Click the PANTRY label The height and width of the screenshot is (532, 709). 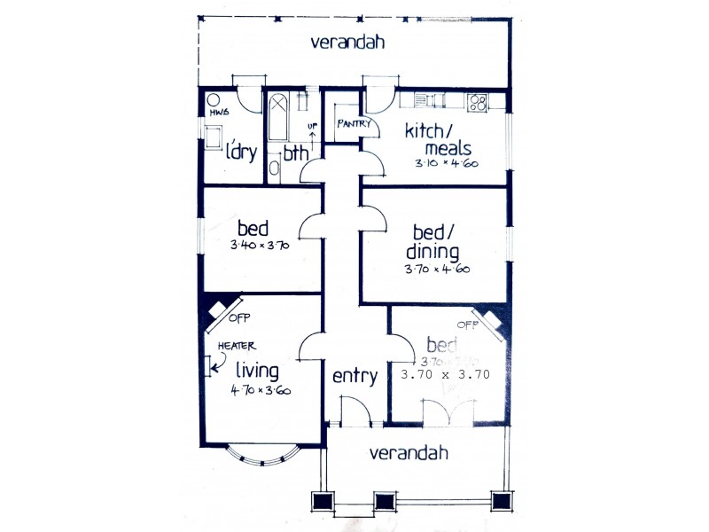click(x=352, y=123)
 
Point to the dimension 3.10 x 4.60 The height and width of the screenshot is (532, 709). click(x=448, y=164)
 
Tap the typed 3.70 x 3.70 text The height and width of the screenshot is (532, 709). click(x=445, y=374)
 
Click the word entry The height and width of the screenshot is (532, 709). click(x=354, y=376)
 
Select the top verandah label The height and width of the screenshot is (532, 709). click(x=347, y=42)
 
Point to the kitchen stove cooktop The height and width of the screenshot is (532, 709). click(x=478, y=102)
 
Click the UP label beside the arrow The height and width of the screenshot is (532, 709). click(x=312, y=128)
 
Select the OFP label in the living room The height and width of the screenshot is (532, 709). click(x=239, y=317)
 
